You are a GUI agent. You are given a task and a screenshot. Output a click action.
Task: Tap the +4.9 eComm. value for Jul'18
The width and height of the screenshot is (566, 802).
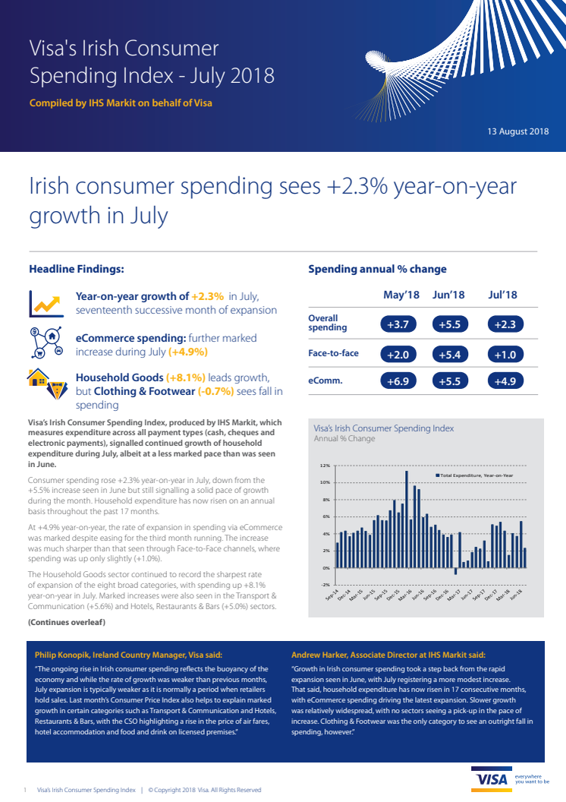point(504,381)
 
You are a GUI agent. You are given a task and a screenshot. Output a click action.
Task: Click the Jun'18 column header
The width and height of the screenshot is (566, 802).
point(448,295)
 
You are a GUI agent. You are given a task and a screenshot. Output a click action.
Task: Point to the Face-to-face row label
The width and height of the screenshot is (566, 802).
point(333,354)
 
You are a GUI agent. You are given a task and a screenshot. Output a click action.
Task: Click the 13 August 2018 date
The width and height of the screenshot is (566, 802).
point(517,131)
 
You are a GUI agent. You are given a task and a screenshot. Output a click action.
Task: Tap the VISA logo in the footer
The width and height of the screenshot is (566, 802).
point(491,781)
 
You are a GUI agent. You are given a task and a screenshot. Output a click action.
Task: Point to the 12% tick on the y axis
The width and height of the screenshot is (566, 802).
point(325,466)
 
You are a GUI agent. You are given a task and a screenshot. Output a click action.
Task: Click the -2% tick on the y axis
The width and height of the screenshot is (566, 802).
point(325,585)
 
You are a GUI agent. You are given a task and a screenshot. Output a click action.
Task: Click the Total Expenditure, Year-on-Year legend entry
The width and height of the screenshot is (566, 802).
point(474,475)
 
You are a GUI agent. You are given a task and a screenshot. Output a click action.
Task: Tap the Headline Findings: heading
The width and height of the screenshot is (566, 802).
point(76,269)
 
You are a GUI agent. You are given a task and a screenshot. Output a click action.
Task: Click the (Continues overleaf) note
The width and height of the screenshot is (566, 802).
point(67,623)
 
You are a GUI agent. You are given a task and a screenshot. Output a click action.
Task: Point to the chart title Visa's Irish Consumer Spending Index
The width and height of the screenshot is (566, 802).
point(384,428)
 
